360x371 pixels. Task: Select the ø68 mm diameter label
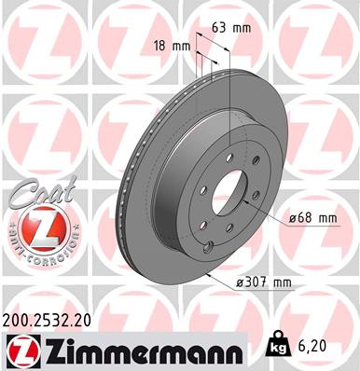tap(308, 218)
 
